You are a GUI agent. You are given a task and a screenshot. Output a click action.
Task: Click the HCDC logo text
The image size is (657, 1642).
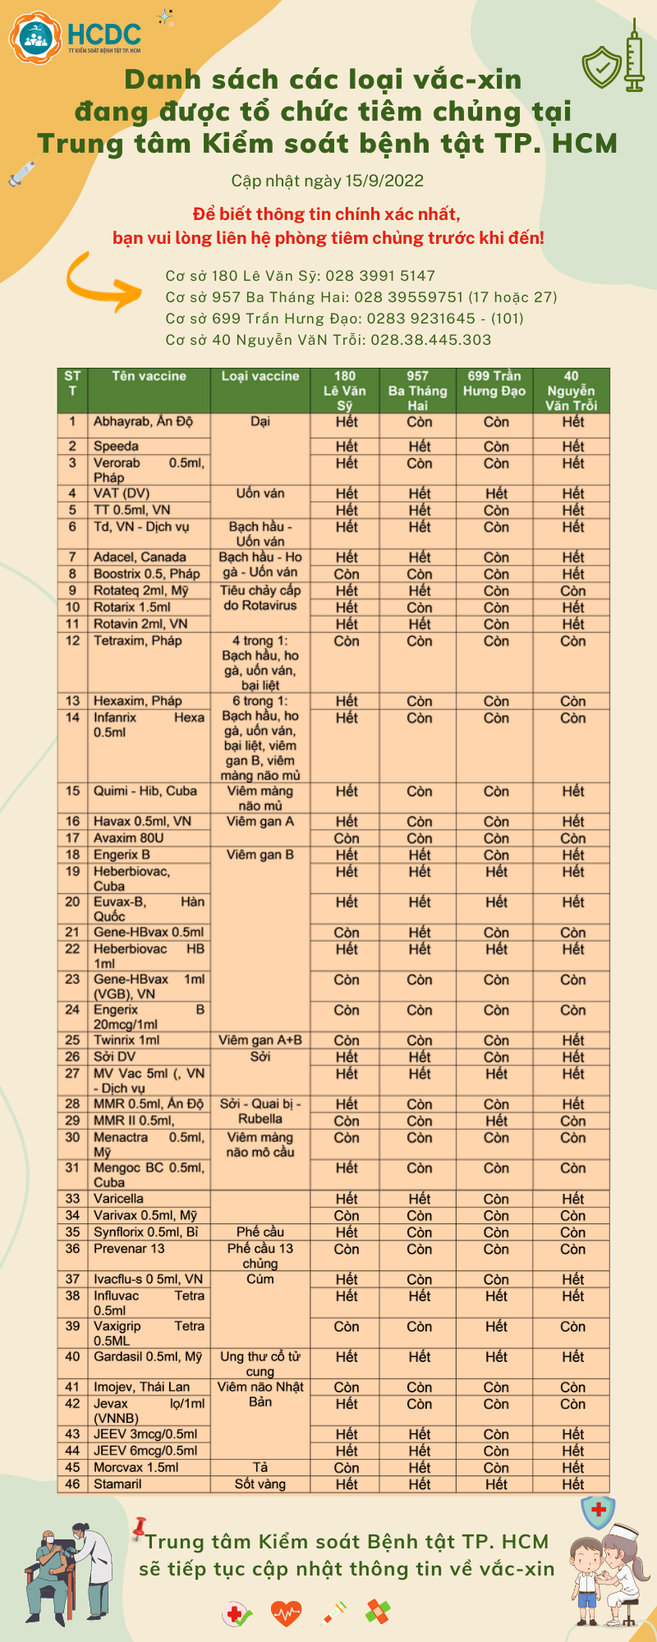click(103, 34)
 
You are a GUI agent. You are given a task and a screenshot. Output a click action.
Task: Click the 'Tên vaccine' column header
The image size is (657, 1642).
click(149, 376)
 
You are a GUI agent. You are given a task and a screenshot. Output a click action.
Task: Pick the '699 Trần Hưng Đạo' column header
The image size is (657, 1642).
click(494, 383)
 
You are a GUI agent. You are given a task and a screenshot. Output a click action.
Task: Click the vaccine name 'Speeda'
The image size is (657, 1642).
click(116, 447)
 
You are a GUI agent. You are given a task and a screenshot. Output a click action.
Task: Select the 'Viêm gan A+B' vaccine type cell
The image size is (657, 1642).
click(260, 1040)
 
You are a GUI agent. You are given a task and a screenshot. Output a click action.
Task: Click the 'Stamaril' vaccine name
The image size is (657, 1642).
click(117, 1484)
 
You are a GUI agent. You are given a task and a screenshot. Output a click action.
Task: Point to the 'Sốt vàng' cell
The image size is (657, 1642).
click(260, 1484)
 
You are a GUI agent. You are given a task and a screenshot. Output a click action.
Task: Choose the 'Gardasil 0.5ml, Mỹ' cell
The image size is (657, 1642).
click(148, 1356)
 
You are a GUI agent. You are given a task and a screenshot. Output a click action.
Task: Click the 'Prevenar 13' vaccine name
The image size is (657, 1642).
click(129, 1249)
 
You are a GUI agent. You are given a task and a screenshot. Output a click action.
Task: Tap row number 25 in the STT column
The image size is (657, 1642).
click(73, 1040)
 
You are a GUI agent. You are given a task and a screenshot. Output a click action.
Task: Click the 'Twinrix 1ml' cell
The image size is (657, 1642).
click(126, 1040)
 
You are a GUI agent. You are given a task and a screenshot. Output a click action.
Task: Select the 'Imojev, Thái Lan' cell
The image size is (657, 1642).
click(141, 1387)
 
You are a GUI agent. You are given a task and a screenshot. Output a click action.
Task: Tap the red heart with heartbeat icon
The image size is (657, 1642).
click(286, 1613)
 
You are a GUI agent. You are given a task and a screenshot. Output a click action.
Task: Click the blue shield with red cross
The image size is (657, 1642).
click(598, 1511)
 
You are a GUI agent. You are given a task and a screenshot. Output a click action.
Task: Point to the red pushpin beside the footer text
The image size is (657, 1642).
click(140, 1526)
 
